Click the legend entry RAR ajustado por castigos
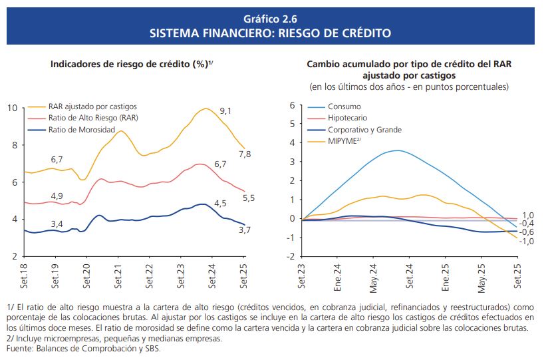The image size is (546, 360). click(93, 106)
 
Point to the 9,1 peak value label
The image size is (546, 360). click(225, 110)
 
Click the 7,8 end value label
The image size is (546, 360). click(245, 154)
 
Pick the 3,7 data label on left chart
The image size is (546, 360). click(245, 230)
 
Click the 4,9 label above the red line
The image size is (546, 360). click(57, 196)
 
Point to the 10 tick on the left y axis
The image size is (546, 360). click(13, 108)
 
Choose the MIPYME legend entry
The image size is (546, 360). click(344, 141)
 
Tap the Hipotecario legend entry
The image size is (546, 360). click(347, 118)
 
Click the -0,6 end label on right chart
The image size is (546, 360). click(527, 232)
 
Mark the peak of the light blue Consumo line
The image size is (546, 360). click(397, 150)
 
